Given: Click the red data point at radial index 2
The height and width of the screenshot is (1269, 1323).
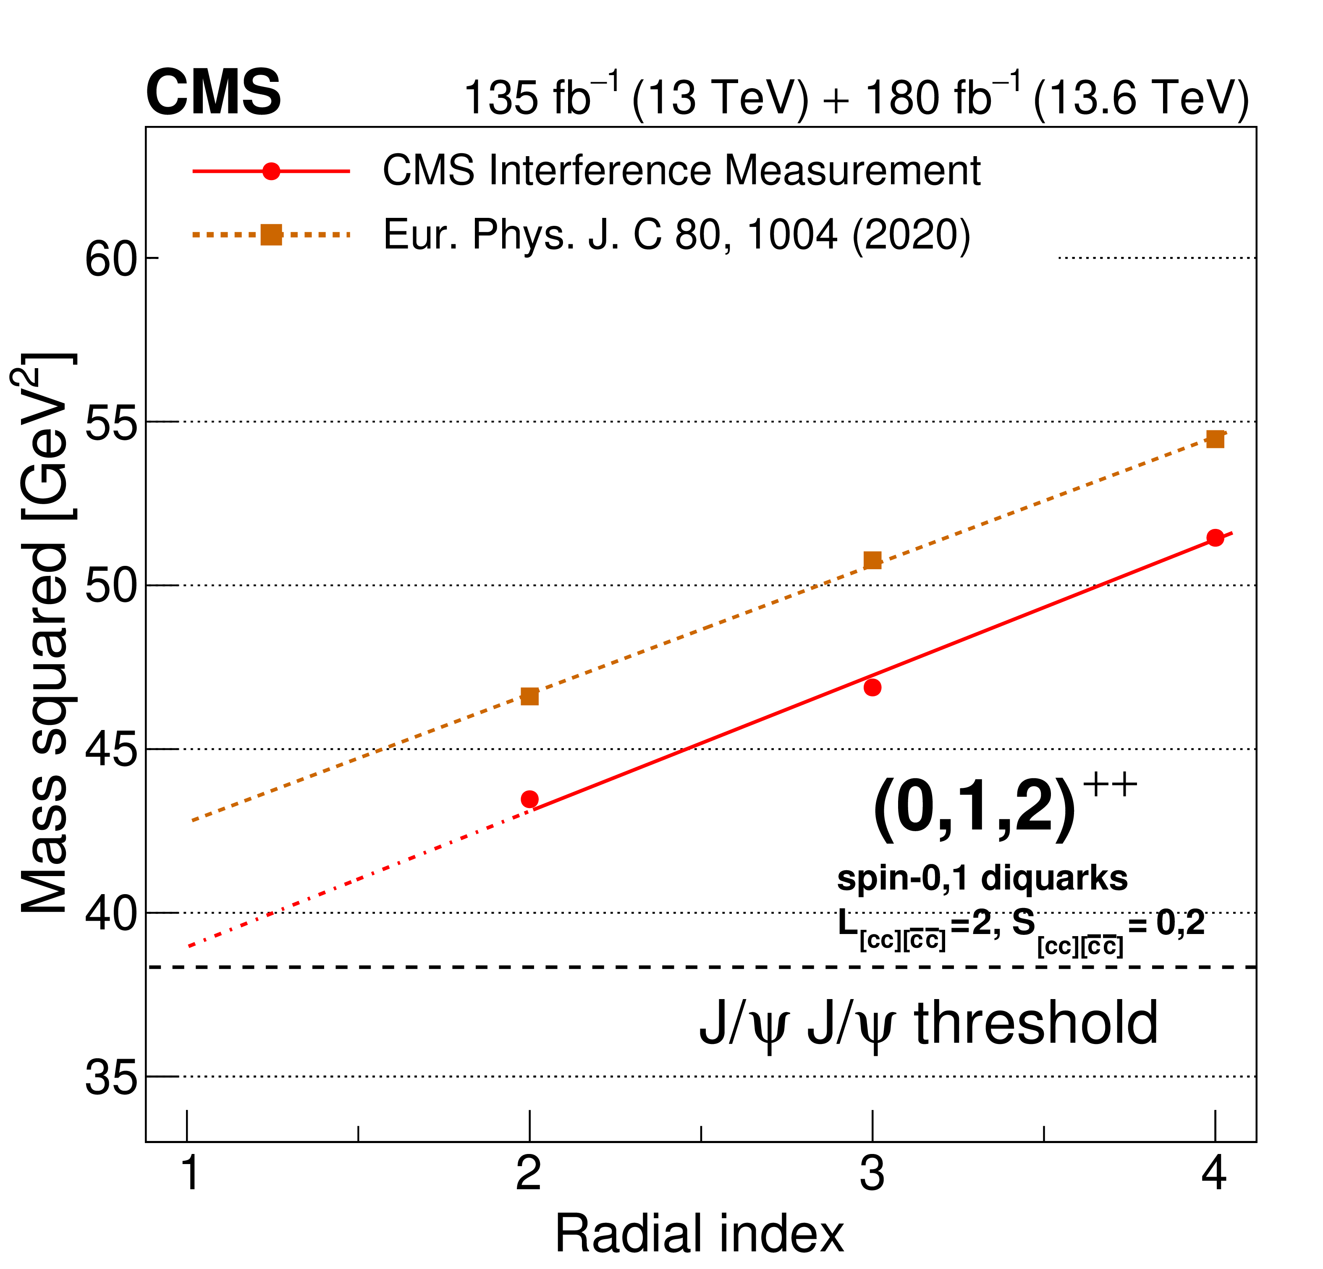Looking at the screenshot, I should point(530,799).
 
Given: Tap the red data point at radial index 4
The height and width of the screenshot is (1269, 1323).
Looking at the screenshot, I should point(1215,538).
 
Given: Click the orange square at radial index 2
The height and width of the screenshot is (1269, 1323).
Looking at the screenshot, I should point(530,696).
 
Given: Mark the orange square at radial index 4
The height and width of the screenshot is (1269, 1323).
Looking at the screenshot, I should point(1215,440).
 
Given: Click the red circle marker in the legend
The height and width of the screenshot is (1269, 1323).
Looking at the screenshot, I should point(271,171).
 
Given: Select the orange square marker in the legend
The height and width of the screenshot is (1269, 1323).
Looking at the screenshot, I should point(271,235).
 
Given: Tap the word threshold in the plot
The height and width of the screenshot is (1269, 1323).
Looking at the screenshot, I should point(1036,1023).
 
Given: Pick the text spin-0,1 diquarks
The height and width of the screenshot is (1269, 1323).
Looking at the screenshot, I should point(982,879).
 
